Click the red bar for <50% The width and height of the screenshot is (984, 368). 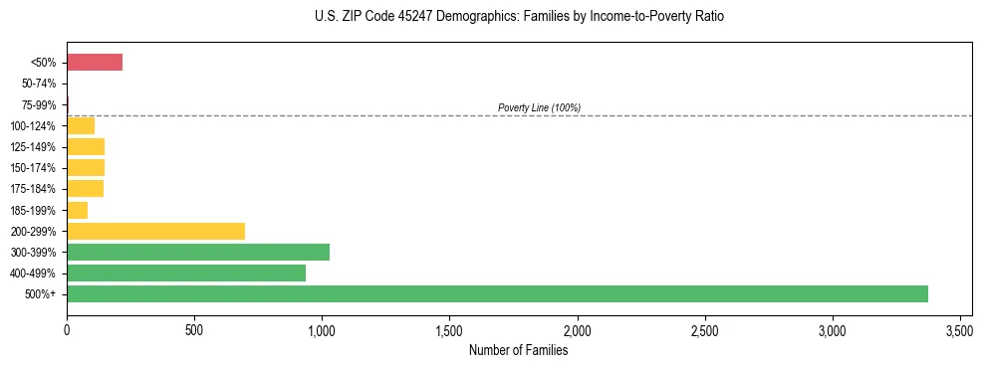[x=95, y=63]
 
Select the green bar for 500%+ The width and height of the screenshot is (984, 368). [x=497, y=293]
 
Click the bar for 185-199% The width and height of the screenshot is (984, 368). [x=78, y=210]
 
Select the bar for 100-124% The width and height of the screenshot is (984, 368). [x=81, y=125]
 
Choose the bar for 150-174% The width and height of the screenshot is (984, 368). [x=86, y=167]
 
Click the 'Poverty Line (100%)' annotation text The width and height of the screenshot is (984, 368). [x=539, y=107]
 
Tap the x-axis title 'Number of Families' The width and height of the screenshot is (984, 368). [x=518, y=350]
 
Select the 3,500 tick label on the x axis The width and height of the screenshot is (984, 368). [x=959, y=330]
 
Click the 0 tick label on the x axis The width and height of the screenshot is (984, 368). [x=67, y=330]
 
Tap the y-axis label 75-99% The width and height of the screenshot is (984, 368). [x=40, y=104]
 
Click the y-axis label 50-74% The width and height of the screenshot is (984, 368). [x=40, y=84]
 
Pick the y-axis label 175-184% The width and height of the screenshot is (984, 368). [x=35, y=189]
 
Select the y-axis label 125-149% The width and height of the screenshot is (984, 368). [x=35, y=147]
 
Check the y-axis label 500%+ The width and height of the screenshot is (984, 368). [x=42, y=294]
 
